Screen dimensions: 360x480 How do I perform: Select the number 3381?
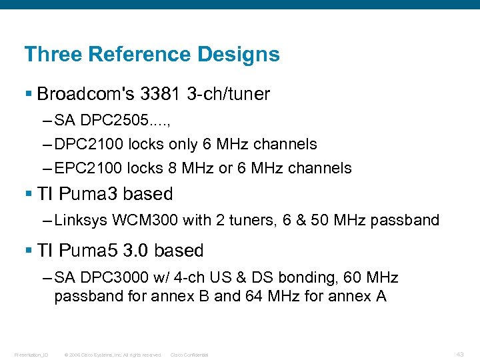[158, 94]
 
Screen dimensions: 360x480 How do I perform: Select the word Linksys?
[81, 220]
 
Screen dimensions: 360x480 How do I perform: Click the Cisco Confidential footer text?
[189, 354]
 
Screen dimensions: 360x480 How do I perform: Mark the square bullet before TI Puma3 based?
[27, 194]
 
